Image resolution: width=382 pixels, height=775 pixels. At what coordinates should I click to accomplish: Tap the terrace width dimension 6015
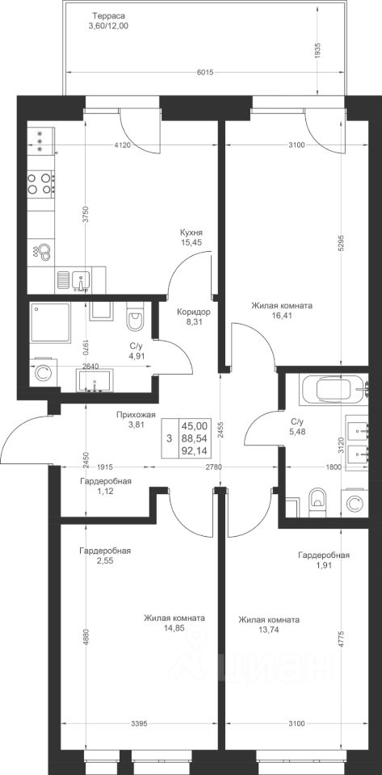tap(204, 73)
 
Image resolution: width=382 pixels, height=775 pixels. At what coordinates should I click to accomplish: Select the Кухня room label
tap(191, 232)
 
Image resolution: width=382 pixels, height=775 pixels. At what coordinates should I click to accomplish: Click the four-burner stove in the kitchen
tap(40, 182)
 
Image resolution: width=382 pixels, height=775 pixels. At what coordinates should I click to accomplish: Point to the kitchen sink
tap(81, 280)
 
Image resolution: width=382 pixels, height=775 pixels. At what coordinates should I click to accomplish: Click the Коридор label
tap(194, 312)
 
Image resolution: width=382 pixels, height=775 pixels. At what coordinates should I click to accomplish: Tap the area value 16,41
tap(281, 316)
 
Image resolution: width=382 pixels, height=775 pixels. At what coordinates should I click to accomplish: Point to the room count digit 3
tap(170, 438)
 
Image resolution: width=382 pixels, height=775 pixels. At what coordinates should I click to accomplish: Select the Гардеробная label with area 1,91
tap(324, 555)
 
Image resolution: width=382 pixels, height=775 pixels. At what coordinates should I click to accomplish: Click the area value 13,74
tap(268, 629)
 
